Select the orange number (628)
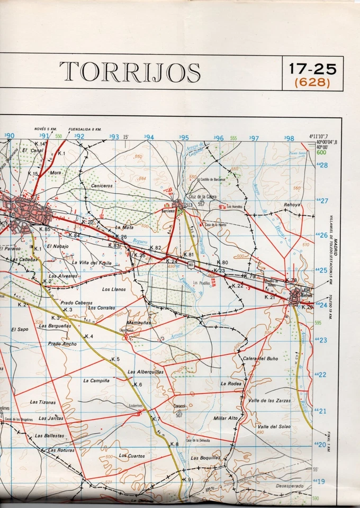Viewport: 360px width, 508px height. [312, 83]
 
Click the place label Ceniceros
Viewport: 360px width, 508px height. [102, 186]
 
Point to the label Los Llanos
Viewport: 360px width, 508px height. [114, 289]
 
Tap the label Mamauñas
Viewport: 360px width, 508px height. [139, 322]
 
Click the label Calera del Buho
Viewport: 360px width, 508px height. [260, 358]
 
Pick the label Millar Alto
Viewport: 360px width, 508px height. [226, 418]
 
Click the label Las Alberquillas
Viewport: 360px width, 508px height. [146, 371]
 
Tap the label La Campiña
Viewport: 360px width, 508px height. [96, 380]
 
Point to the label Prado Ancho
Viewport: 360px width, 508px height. [62, 344]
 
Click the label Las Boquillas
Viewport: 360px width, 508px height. [205, 458]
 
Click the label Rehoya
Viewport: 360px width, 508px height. [292, 204]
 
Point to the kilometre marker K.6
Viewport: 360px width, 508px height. [138, 384]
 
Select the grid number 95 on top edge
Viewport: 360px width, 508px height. [184, 138]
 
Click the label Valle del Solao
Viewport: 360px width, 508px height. [274, 427]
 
